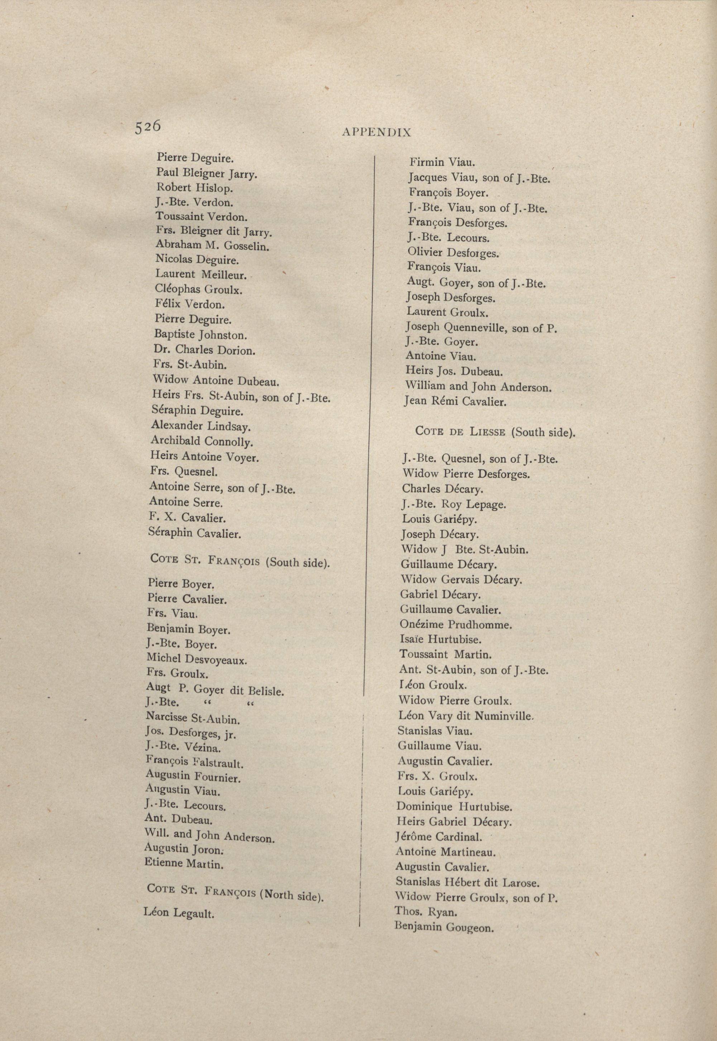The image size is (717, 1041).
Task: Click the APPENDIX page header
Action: click(x=377, y=132)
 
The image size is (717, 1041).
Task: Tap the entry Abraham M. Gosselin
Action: click(x=212, y=245)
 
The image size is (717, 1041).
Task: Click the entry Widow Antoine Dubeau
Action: click(x=216, y=381)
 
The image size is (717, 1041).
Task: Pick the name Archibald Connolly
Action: click(x=202, y=441)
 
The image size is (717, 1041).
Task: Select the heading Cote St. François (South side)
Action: click(x=240, y=561)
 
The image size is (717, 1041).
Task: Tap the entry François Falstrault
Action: click(x=195, y=762)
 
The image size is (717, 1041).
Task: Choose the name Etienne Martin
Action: click(x=184, y=863)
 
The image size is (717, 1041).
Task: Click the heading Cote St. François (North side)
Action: click(x=236, y=892)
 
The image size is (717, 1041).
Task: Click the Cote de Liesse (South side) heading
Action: click(x=495, y=432)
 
